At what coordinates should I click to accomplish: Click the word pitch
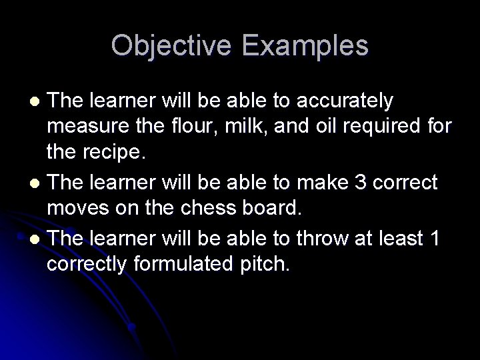click(x=263, y=263)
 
